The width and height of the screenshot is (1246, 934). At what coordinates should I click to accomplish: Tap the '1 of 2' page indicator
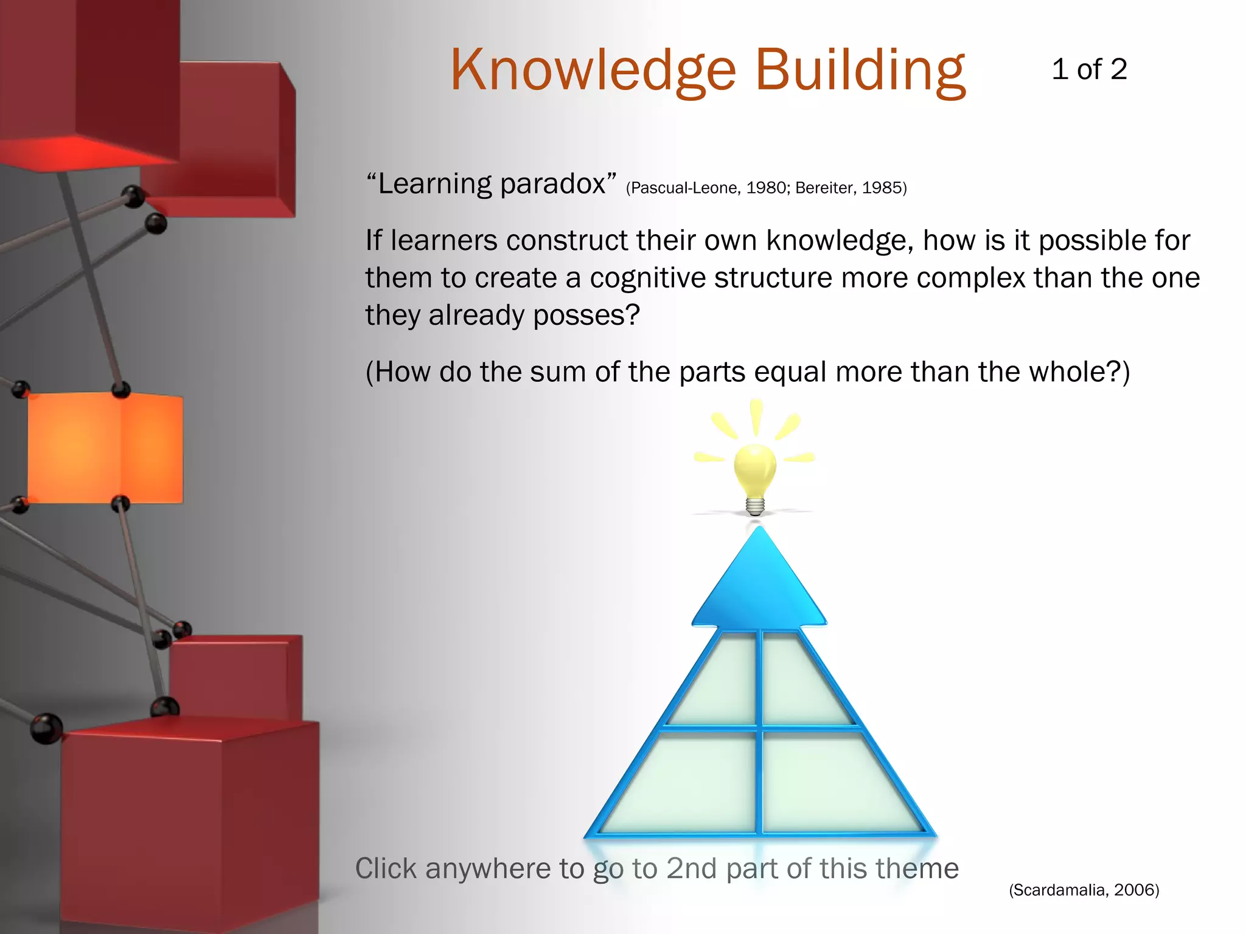tap(1089, 69)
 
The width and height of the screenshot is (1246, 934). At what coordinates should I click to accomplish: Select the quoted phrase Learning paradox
tap(492, 184)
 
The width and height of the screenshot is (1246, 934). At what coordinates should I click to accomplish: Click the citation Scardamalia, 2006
tap(1084, 890)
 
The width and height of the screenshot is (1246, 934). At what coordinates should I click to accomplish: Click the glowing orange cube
tap(105, 448)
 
